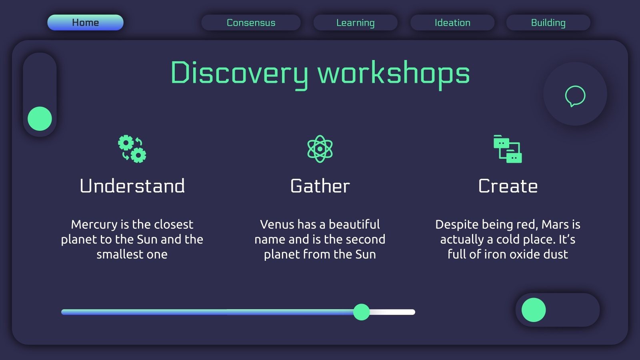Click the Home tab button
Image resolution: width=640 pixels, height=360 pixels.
click(85, 22)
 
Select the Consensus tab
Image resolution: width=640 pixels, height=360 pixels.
click(251, 22)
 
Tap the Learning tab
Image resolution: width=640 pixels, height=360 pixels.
click(355, 22)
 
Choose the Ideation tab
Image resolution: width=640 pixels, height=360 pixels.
click(452, 22)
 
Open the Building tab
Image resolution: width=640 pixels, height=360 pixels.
click(548, 22)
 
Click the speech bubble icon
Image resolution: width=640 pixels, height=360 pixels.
click(575, 96)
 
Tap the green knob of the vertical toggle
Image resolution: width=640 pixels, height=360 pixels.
click(40, 118)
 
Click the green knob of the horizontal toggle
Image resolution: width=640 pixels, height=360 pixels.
click(534, 310)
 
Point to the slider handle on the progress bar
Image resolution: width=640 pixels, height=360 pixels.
click(362, 312)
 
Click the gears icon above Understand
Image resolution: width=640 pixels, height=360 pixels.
click(132, 149)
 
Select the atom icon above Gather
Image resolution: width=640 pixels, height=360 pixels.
click(320, 149)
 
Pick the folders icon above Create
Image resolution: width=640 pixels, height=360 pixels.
click(508, 149)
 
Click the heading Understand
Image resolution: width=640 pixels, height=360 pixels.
click(132, 186)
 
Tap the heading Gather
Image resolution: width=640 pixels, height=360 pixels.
click(320, 186)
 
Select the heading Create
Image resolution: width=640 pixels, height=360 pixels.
click(508, 186)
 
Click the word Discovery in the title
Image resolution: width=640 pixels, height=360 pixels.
click(239, 73)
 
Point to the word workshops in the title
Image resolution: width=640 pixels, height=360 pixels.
click(394, 73)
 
